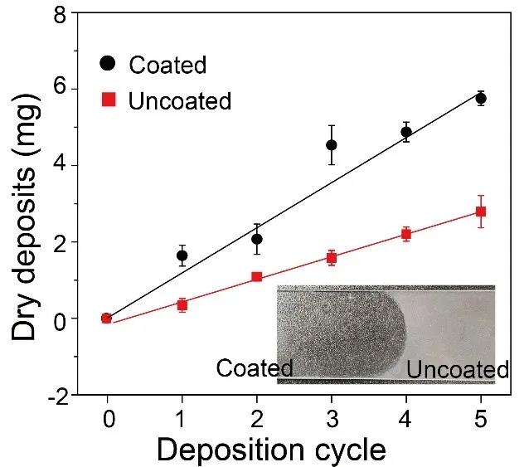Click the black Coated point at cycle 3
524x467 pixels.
pos(332,145)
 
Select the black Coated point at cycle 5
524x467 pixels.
pos(481,98)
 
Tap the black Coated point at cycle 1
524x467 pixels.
pos(182,255)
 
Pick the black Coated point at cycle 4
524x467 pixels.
pos(406,132)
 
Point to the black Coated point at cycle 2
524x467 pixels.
pos(257,239)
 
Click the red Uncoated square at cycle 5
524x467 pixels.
pos(481,212)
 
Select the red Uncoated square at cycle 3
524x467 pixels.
pos(332,257)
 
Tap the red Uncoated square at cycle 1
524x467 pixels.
pos(182,304)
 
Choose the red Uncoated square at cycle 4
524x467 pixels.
pos(406,234)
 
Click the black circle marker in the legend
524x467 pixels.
pos(107,64)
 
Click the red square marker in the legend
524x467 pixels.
pos(107,101)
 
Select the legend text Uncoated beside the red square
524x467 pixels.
pos(181,101)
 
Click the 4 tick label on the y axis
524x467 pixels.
pos(59,165)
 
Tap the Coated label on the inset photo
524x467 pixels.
pos(255,368)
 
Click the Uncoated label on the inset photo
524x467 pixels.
pos(457,370)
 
